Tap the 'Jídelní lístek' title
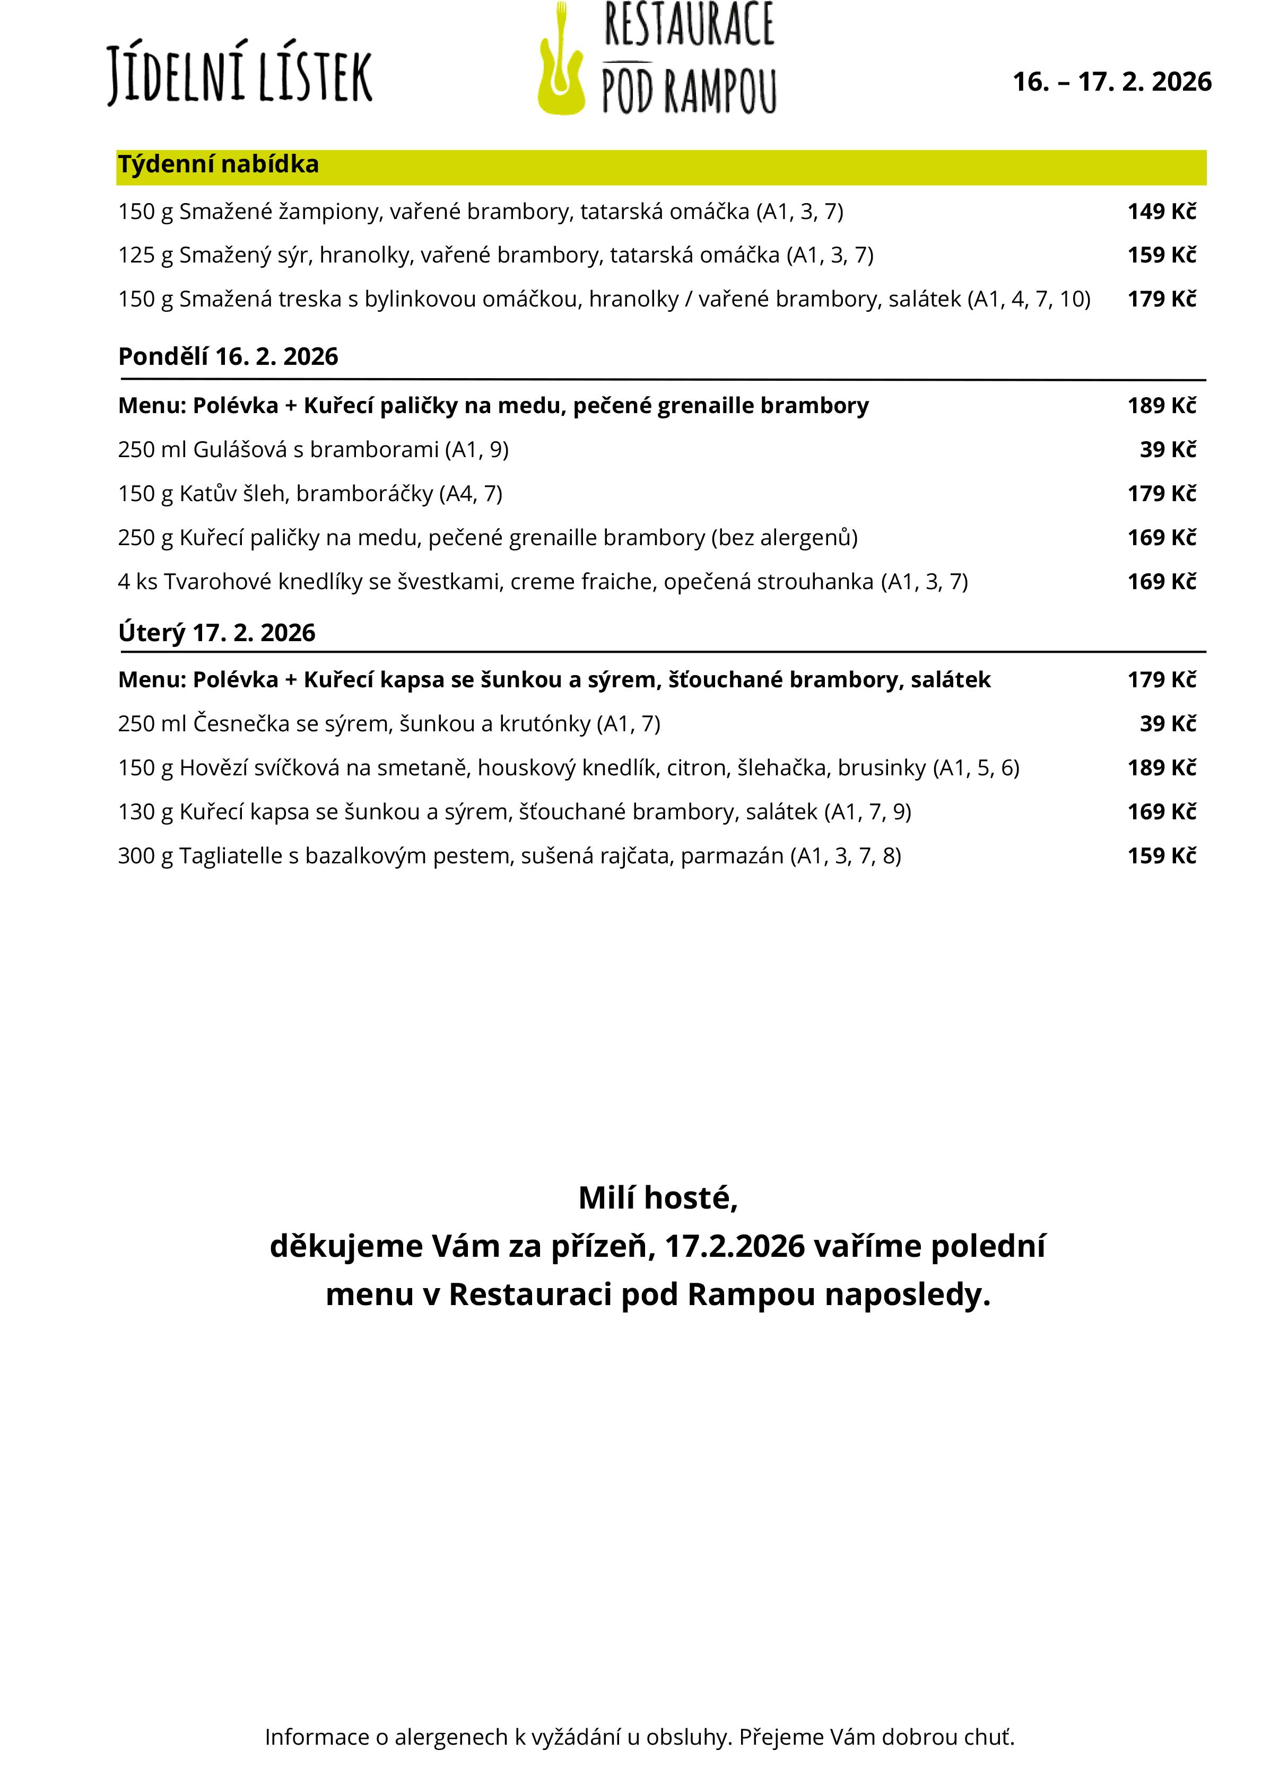[x=239, y=75]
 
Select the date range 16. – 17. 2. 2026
[x=1111, y=82]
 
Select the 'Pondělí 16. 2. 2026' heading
[x=228, y=357]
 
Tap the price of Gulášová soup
[x=1167, y=449]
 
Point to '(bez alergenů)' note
[x=784, y=538]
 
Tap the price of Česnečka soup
[x=1167, y=724]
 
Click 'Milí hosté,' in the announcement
[x=658, y=1198]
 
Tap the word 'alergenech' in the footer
[x=450, y=1737]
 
